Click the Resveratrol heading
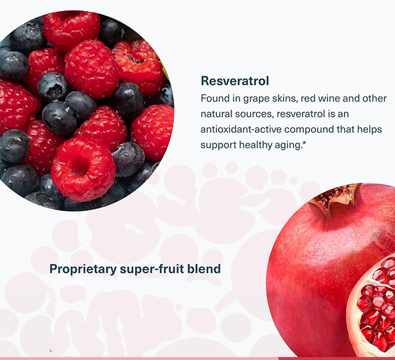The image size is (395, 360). pos(235,80)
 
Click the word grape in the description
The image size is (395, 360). pos(257,99)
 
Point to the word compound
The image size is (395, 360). pos(308,129)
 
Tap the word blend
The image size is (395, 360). pos(205,270)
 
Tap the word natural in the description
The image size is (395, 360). pos(216,114)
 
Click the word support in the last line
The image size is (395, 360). pos(217,145)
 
